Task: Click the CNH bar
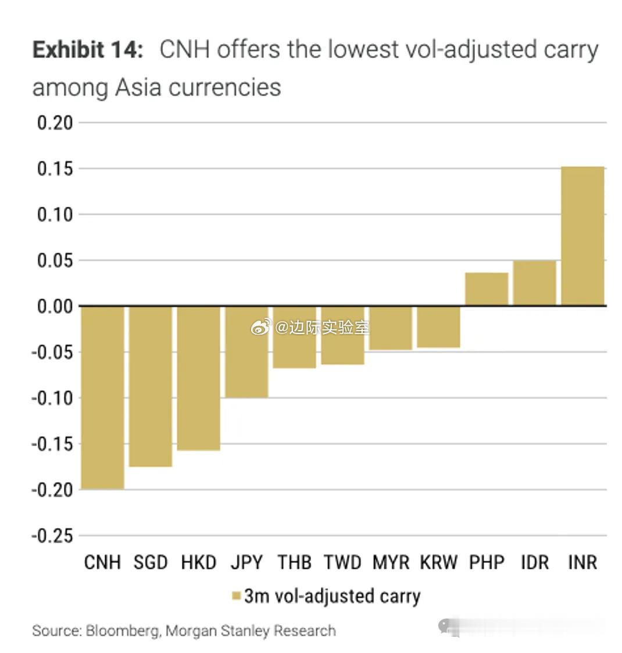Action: [102, 397]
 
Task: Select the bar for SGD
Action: [151, 386]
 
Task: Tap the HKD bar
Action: [199, 378]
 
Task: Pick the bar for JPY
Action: [247, 352]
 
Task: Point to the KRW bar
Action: [439, 326]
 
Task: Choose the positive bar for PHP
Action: [487, 289]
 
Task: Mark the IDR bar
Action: [535, 283]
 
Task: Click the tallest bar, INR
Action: [582, 236]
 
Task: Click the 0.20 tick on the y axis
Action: [55, 123]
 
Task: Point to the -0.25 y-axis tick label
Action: [52, 536]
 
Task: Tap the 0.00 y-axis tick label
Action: [55, 306]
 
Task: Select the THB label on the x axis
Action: [294, 562]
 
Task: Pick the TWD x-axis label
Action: [342, 562]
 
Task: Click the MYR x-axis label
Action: [391, 562]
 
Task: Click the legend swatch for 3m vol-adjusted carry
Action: [236, 597]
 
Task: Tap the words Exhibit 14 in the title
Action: [87, 50]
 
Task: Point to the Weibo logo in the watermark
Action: [260, 328]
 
